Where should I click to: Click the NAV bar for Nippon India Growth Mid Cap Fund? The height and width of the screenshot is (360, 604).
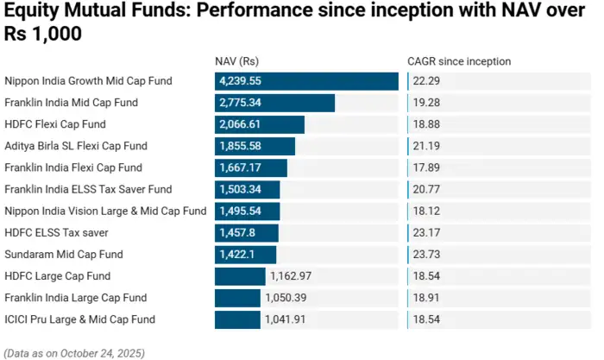click(306, 81)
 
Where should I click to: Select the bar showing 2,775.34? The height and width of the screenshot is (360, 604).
click(274, 103)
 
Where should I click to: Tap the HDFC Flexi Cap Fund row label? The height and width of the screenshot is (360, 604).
click(55, 124)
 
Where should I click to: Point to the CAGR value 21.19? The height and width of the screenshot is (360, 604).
click(426, 146)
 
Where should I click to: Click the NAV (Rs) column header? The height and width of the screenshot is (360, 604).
click(236, 61)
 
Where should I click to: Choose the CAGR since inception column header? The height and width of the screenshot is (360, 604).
click(459, 61)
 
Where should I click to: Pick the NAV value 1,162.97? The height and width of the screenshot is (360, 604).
click(291, 276)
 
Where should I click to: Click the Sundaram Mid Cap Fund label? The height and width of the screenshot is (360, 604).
click(64, 255)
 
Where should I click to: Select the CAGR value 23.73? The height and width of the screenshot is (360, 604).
click(426, 255)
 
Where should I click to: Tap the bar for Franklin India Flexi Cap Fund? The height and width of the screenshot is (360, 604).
click(251, 167)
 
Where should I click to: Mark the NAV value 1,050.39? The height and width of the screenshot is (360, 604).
click(286, 298)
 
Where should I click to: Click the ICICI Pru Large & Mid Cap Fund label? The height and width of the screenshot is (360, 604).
click(79, 319)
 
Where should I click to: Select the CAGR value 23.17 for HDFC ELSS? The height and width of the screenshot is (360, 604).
click(426, 233)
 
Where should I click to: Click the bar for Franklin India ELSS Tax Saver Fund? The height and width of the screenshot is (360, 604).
click(249, 189)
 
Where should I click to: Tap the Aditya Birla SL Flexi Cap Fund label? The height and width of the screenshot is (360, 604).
click(76, 146)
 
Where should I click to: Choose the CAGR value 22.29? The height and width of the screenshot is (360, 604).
click(426, 81)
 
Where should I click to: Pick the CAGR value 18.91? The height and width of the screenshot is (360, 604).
click(426, 298)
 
